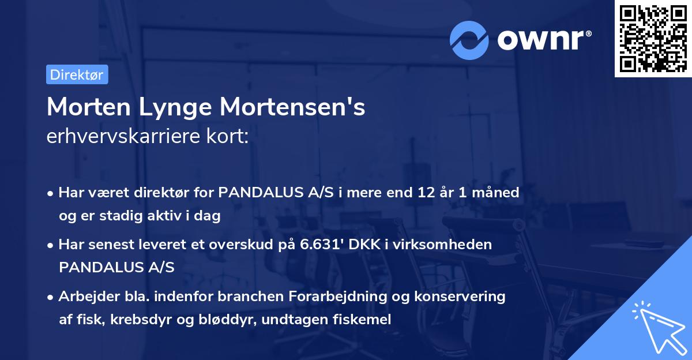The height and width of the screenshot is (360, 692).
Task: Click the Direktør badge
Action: (x=77, y=74)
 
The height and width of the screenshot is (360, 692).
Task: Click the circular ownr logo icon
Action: (x=469, y=40)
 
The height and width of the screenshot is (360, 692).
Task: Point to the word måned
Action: (x=498, y=192)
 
